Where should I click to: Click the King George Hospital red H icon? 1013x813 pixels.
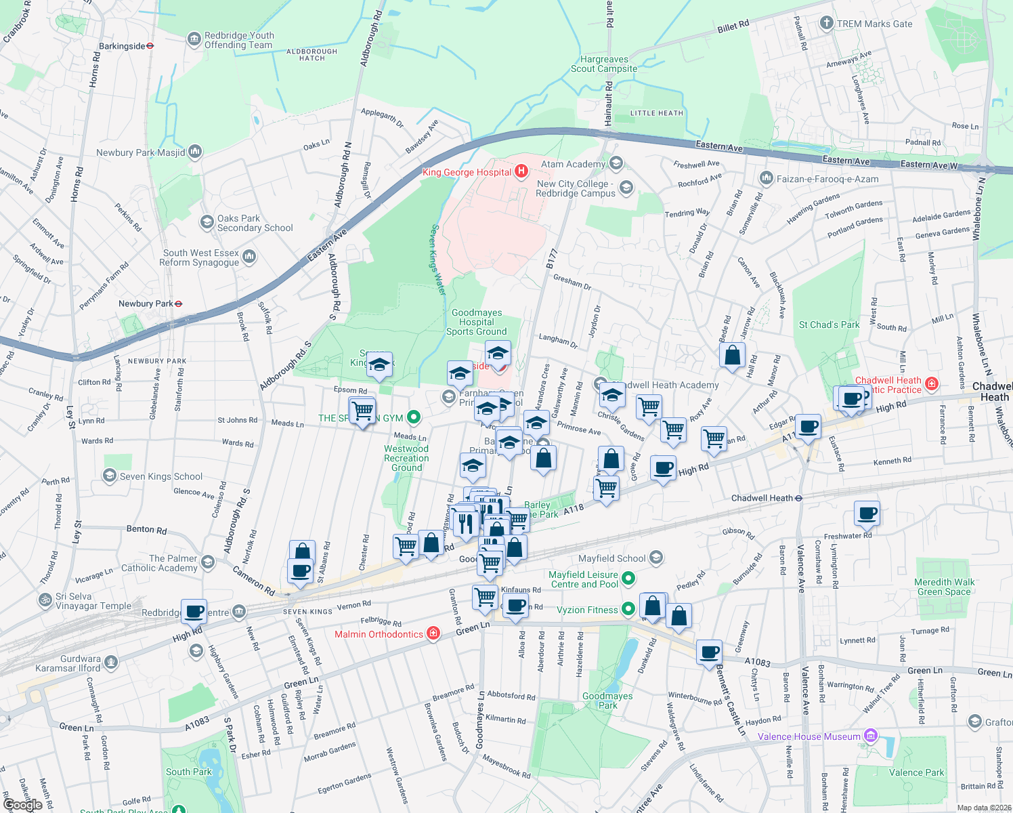pyautogui.click(x=521, y=171)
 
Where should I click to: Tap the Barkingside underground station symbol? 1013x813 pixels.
pyautogui.click(x=150, y=46)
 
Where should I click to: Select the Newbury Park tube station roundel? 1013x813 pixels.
pyautogui.click(x=178, y=304)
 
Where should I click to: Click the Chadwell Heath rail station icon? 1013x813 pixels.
pyautogui.click(x=799, y=498)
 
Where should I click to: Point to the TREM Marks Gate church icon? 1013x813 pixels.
pyautogui.click(x=826, y=24)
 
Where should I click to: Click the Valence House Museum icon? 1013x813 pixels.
pyautogui.click(x=871, y=736)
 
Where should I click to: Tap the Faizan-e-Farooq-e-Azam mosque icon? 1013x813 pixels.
pyautogui.click(x=766, y=178)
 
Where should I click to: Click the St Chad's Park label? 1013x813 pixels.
pyautogui.click(x=829, y=325)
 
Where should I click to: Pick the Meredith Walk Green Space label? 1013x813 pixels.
pyautogui.click(x=944, y=587)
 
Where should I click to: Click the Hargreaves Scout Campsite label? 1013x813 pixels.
pyautogui.click(x=603, y=64)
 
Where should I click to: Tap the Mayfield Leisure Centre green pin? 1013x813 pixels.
pyautogui.click(x=628, y=579)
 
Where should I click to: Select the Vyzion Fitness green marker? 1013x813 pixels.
pyautogui.click(x=628, y=609)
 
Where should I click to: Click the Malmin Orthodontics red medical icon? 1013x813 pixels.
pyautogui.click(x=433, y=633)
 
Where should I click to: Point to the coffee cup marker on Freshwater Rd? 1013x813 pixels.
pyautogui.click(x=867, y=513)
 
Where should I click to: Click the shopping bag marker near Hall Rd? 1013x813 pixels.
pyautogui.click(x=732, y=355)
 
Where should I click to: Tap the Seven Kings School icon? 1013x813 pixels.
pyautogui.click(x=110, y=476)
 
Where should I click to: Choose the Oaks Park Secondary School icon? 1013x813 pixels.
pyautogui.click(x=207, y=222)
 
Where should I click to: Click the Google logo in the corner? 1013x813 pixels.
pyautogui.click(x=22, y=804)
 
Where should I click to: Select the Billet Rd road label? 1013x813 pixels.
pyautogui.click(x=733, y=26)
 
